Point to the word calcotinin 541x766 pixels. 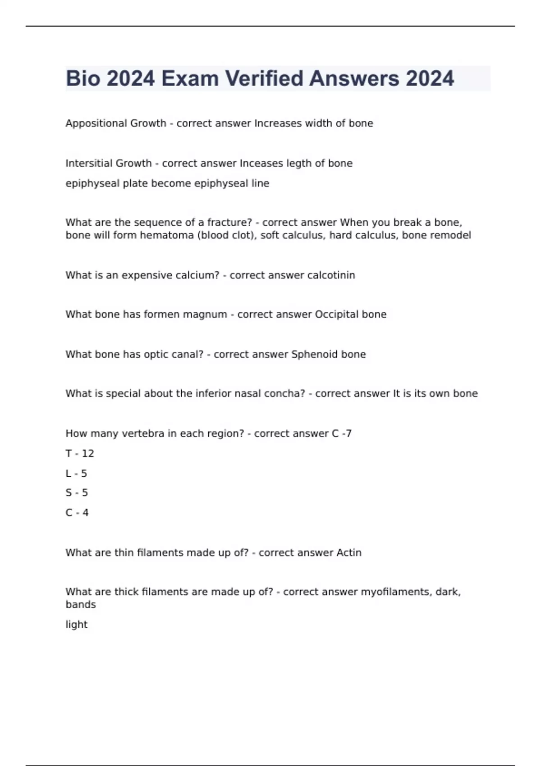click(x=331, y=275)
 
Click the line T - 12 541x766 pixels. click(x=80, y=453)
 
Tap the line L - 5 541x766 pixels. click(x=76, y=474)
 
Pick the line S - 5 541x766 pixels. click(x=77, y=493)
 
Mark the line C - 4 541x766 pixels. click(x=77, y=513)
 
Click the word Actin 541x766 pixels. click(x=348, y=553)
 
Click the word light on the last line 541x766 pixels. click(x=76, y=625)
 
